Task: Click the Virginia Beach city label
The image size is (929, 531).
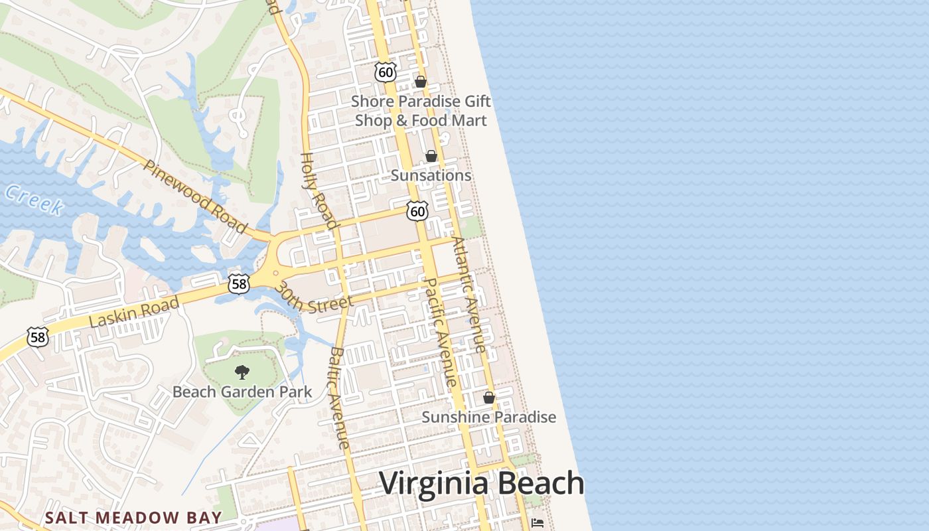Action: [x=481, y=483]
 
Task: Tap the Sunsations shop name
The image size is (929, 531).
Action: [x=431, y=175]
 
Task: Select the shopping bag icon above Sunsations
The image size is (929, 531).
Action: [x=431, y=156]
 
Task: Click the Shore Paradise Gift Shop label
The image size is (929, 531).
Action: [x=421, y=111]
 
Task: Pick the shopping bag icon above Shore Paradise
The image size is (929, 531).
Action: [x=420, y=82]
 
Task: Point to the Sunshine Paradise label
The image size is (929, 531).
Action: [x=489, y=417]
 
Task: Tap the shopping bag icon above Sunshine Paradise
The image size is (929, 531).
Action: [x=489, y=398]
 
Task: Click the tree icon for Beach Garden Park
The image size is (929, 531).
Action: [x=242, y=372]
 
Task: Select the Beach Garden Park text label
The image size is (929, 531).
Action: [x=242, y=392]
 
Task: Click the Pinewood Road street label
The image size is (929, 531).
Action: [x=194, y=196]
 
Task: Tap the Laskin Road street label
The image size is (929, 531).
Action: [x=134, y=312]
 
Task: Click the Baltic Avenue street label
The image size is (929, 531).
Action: [x=339, y=398]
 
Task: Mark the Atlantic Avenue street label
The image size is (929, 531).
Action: [x=468, y=295]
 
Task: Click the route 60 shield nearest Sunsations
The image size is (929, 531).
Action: [x=417, y=212]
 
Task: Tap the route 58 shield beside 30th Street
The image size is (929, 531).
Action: [x=238, y=284]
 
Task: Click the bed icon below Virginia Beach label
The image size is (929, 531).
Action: [x=537, y=524]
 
